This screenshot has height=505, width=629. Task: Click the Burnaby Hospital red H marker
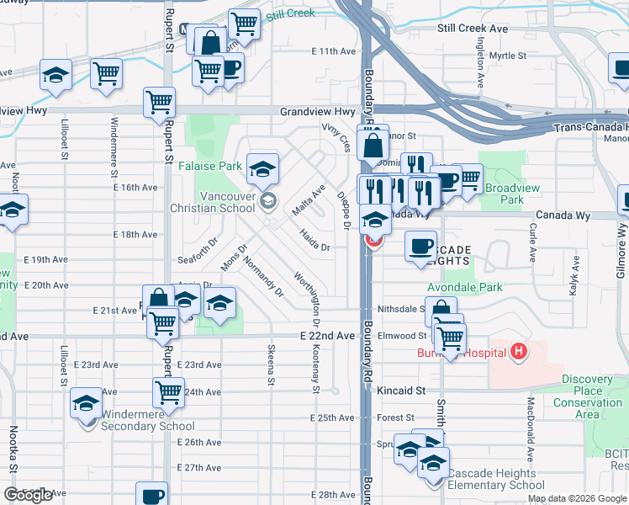[x=521, y=350]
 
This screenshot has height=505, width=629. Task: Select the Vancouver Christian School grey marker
[x=268, y=199]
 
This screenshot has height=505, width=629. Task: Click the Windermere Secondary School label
[x=147, y=420]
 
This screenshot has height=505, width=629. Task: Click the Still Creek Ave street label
[x=473, y=29]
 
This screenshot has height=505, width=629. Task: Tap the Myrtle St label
[x=507, y=56]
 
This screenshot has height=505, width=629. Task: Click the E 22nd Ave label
[x=327, y=335]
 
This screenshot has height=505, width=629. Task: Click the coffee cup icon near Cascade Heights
[x=420, y=246]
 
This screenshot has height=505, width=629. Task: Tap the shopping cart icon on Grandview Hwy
[x=159, y=103]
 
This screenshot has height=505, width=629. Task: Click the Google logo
[x=28, y=495]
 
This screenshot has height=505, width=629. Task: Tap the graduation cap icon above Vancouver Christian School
[x=263, y=168]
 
